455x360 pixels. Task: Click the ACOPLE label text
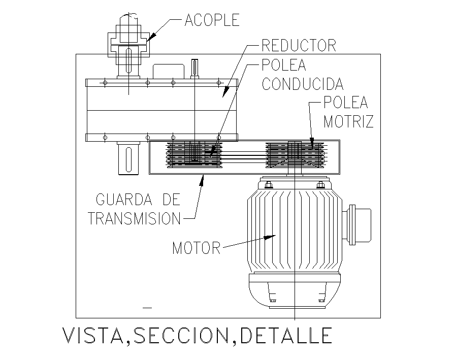212,20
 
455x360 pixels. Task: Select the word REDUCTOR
299,46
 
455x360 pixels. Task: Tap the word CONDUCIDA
303,84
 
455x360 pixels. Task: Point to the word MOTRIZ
348,121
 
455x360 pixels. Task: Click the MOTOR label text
197,248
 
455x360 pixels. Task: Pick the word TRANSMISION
135,218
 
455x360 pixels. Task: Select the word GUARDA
124,200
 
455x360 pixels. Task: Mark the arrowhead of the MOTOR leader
270,237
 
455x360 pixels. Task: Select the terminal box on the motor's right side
356,225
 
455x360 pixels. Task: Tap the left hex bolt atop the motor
268,185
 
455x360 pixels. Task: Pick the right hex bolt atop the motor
320,185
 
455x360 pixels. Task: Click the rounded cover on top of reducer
169,72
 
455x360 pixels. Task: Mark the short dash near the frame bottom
147,308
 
